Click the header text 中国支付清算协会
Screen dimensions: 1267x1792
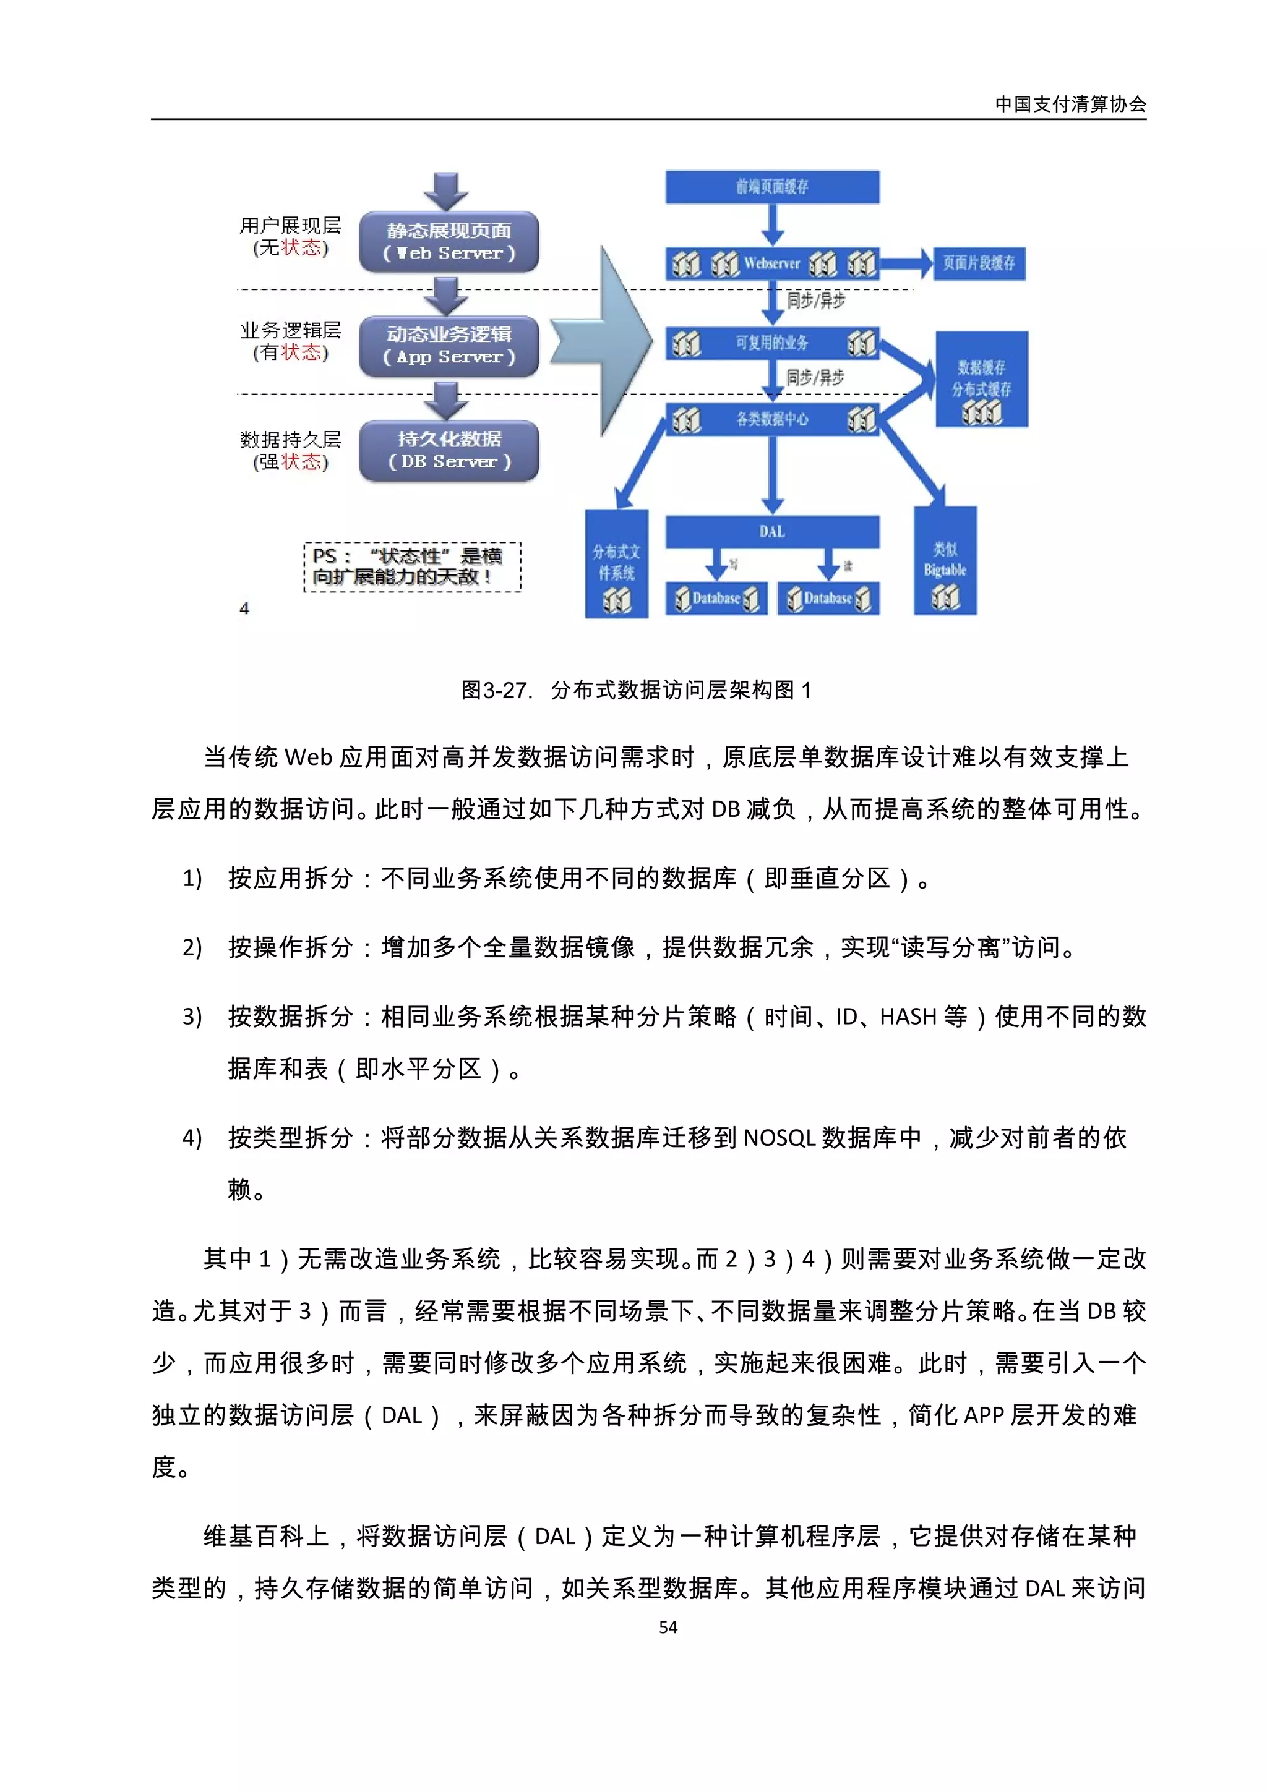point(1070,104)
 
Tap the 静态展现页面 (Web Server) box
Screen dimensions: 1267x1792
point(449,241)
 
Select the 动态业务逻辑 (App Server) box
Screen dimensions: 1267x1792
point(449,346)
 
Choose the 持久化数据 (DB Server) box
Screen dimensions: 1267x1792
point(449,450)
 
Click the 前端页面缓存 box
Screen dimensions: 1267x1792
point(772,187)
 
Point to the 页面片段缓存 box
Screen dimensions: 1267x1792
point(979,263)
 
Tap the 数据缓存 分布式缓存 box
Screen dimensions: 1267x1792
point(981,378)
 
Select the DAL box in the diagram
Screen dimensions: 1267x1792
point(772,532)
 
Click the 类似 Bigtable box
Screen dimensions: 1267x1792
point(945,560)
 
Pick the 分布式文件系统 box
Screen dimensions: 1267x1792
point(616,563)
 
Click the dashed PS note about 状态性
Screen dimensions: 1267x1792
point(411,566)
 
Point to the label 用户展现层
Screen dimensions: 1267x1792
point(290,226)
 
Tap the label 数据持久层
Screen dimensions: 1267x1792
point(290,440)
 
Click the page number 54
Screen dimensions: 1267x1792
point(668,1628)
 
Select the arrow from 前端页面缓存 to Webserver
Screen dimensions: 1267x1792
point(772,225)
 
